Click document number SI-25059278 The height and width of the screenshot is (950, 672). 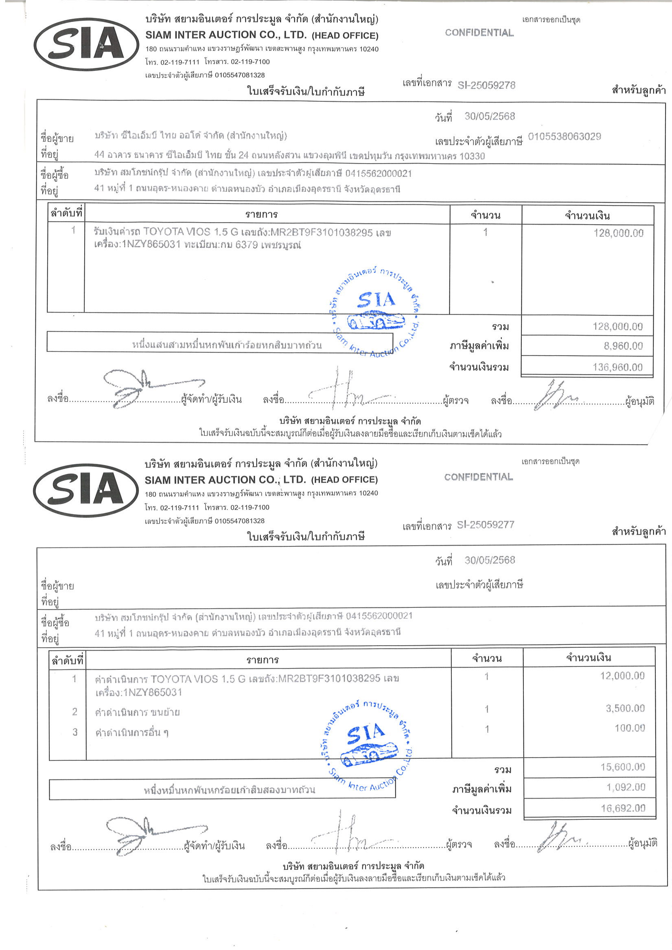coord(486,85)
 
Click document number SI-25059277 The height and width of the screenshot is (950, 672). coord(485,525)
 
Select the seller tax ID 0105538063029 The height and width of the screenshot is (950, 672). coord(565,137)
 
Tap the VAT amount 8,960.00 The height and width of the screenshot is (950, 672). coord(623,346)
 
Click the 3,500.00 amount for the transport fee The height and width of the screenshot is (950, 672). coord(625,708)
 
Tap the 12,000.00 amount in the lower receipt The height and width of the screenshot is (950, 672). coord(622,676)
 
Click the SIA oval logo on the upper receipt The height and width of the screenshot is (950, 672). coord(86,44)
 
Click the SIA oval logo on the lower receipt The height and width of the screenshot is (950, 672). coord(86,490)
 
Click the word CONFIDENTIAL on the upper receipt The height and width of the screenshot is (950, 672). coord(479,33)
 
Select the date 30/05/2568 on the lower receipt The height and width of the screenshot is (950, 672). coord(489,560)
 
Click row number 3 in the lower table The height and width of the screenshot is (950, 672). coord(74,732)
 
